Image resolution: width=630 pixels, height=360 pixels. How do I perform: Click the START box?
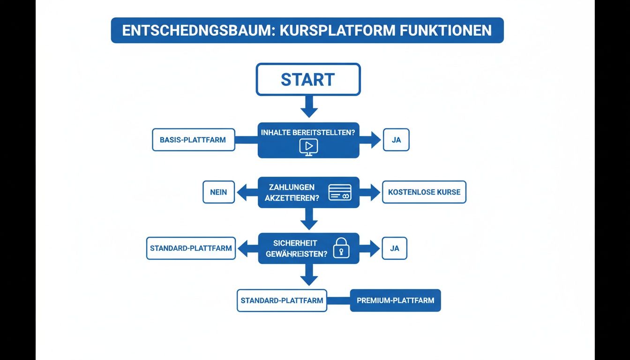point(308,79)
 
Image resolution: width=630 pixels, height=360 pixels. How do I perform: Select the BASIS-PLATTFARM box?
point(193,140)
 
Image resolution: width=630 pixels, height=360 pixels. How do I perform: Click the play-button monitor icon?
point(308,147)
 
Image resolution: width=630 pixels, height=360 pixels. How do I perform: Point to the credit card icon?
point(340,192)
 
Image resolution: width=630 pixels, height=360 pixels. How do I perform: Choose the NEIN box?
point(218,192)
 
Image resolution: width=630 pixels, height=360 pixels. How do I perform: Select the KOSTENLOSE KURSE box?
point(424,192)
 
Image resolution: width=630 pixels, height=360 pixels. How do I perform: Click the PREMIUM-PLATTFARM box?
point(395,300)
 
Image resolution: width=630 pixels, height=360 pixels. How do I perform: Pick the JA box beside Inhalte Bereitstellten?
point(396,140)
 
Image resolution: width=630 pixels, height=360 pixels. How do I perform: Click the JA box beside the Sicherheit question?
point(395,248)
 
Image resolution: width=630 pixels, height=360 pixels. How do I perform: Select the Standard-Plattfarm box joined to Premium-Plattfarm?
point(282,300)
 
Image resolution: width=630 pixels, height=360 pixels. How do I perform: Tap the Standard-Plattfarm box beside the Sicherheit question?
point(191,248)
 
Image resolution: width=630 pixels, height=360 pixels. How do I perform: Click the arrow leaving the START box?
point(309,107)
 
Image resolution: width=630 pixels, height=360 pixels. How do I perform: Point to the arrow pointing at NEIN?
point(247,192)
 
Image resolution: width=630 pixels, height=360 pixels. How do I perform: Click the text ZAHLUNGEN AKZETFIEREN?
point(292,193)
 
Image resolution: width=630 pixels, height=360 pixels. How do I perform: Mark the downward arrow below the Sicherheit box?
point(309,275)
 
